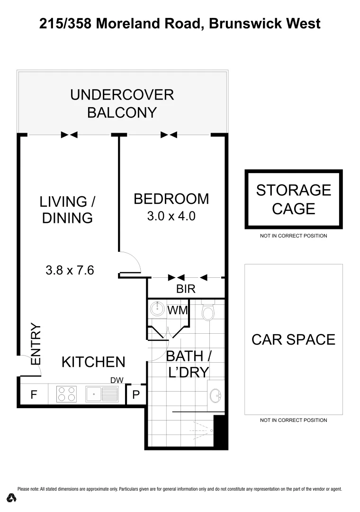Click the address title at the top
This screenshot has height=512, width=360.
tap(180, 23)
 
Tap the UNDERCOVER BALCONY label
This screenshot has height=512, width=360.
tap(122, 103)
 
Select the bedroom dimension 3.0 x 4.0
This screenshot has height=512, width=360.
tap(171, 217)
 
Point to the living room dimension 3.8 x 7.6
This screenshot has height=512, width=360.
tap(70, 270)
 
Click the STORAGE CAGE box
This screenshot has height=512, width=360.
tap(293, 199)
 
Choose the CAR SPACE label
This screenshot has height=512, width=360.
tap(293, 339)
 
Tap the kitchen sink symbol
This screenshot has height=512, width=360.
tap(102, 394)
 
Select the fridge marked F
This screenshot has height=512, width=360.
tap(34, 394)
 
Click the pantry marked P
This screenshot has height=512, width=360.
tap(136, 394)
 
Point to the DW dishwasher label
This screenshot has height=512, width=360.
tap(117, 380)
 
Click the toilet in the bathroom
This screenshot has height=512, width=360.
tap(208, 311)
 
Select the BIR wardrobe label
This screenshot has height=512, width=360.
tap(186, 289)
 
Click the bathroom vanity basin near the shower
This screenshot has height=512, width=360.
tap(216, 394)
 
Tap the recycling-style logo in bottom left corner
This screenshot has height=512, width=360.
tap(12, 498)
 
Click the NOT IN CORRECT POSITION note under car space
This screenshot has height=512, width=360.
tap(293, 420)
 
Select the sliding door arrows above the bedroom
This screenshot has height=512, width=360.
tap(169, 135)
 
